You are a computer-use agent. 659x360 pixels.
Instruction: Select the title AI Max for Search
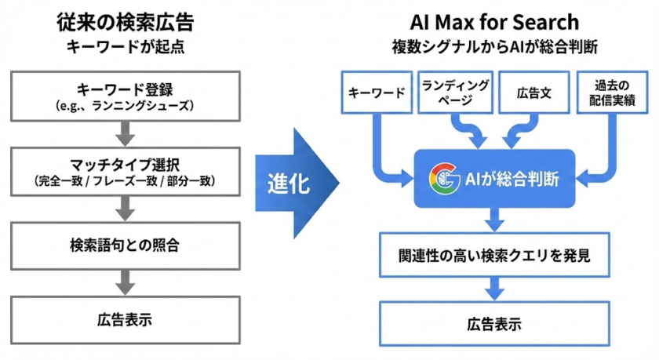point(494,22)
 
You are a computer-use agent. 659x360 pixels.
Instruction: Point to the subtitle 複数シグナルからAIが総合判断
point(494,46)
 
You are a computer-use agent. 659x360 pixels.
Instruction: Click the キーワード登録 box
point(126,95)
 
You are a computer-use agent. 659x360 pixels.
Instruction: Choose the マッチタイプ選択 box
point(126,172)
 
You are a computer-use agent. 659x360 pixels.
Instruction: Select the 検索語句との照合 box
point(126,245)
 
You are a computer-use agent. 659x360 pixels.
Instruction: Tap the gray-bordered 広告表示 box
point(126,319)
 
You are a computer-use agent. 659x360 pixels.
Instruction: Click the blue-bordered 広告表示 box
point(494,322)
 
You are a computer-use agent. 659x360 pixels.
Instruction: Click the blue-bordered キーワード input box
point(377,93)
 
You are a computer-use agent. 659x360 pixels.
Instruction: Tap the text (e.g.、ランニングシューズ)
point(126,104)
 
